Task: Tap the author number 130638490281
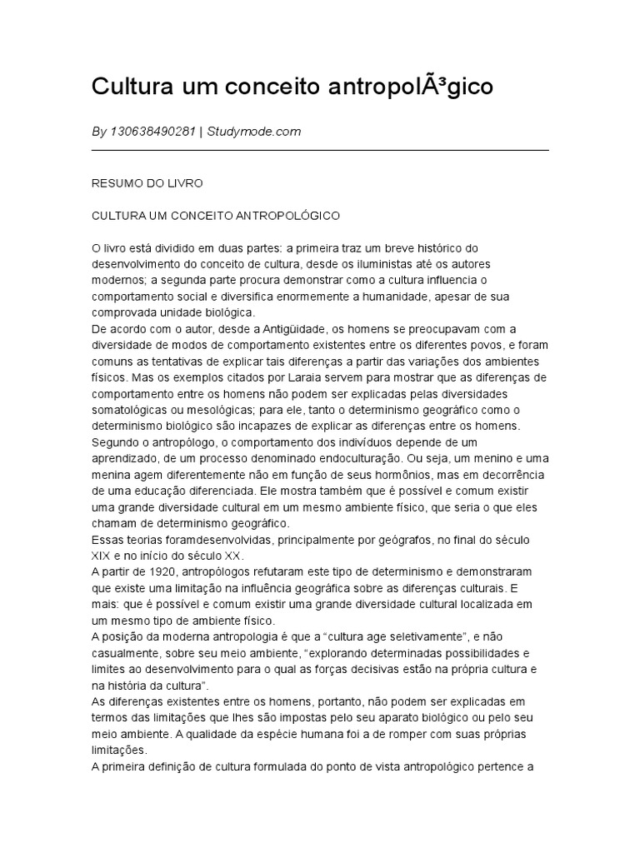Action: coord(152,132)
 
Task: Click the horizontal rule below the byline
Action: coord(320,150)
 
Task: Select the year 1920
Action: coord(159,571)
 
